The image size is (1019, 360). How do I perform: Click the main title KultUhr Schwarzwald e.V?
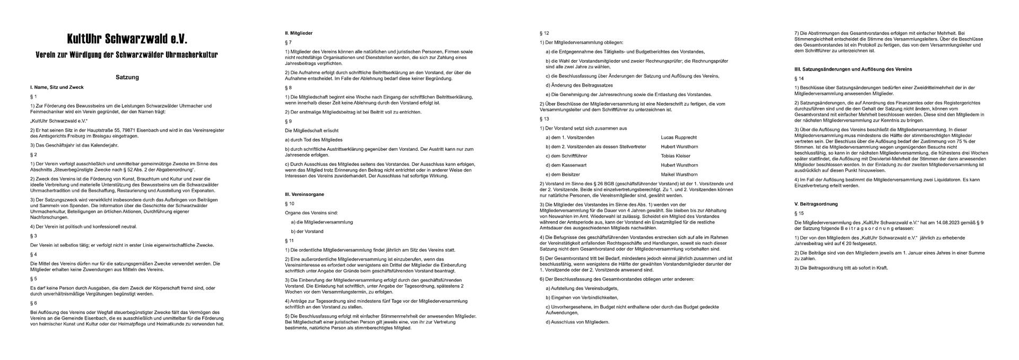[127, 39]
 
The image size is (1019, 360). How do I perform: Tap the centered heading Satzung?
[127, 77]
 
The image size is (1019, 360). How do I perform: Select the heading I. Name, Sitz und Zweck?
[57, 87]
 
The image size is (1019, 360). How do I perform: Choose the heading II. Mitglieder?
[299, 33]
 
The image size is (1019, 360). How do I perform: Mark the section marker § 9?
[288, 121]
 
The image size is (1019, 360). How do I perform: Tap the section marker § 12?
[544, 33]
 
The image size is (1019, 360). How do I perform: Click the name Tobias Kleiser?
[675, 156]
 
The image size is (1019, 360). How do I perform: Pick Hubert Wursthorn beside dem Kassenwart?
[679, 165]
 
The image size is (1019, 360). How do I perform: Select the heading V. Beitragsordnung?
[816, 204]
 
